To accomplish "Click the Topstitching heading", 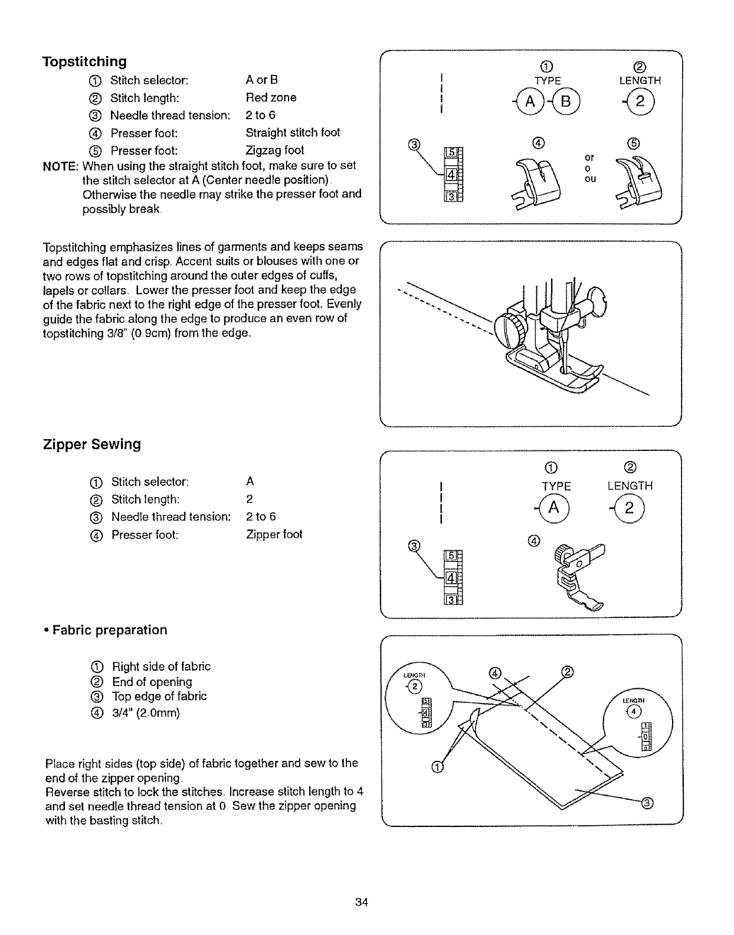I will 84,61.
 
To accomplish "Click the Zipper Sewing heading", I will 92,444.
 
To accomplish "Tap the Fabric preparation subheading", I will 109,630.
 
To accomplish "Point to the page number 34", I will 362,902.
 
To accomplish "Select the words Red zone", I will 271,97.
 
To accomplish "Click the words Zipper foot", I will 274,534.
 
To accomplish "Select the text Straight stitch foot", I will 293,132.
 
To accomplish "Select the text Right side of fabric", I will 161,666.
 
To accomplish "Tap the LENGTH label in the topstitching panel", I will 640,81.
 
